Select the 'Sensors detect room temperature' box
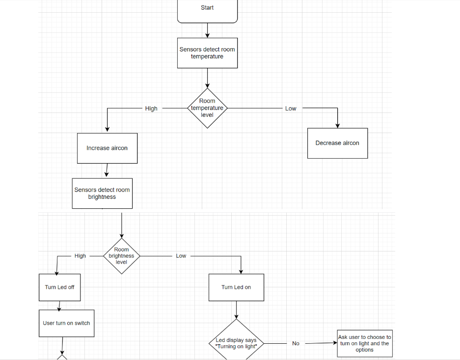click(x=207, y=53)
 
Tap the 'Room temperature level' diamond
click(x=207, y=108)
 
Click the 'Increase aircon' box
click(x=107, y=148)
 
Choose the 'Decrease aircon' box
click(x=337, y=143)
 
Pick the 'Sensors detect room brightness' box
click(x=102, y=193)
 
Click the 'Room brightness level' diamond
click(x=121, y=256)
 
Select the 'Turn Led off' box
click(x=59, y=287)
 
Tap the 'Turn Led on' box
click(x=236, y=287)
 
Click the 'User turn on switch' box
click(x=66, y=323)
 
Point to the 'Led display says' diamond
click(x=236, y=343)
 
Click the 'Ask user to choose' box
click(x=364, y=343)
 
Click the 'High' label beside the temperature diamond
click(x=151, y=109)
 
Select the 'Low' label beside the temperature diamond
click(x=291, y=109)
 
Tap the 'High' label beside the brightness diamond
click(x=80, y=256)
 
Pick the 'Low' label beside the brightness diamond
click(x=181, y=256)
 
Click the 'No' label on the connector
click(x=296, y=343)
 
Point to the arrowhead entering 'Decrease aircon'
click(x=337, y=125)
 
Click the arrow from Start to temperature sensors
click(x=207, y=30)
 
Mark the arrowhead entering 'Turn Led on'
click(x=241, y=271)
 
